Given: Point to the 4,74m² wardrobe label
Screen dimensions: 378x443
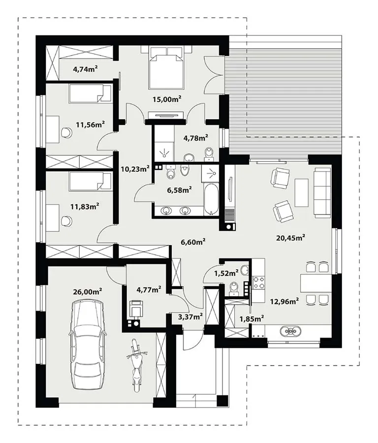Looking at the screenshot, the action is point(86,68).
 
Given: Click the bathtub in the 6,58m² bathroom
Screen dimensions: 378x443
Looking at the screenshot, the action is point(211,199).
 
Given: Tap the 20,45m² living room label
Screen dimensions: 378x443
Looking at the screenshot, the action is point(290,238).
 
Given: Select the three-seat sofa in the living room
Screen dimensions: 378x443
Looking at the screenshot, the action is point(322,192).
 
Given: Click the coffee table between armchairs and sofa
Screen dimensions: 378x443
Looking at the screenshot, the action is point(301,192).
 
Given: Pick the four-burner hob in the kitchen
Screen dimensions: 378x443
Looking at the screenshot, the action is point(258,283).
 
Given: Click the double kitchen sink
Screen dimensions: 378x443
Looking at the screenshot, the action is point(290,331).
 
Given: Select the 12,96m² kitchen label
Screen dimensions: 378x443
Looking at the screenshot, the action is point(284,302).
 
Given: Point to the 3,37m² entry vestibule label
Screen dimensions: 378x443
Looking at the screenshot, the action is point(190,316).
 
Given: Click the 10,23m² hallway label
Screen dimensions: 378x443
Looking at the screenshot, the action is point(135,169).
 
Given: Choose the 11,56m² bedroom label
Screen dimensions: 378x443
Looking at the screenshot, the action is point(91,125).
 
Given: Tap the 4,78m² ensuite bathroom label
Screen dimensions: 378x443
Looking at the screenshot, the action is point(196,138).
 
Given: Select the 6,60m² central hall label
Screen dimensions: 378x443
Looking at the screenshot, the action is point(193,242).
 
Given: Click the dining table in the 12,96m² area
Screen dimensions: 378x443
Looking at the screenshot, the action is point(316,284).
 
